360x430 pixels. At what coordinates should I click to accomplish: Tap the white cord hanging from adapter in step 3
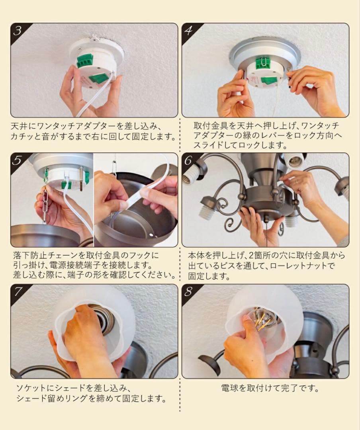tap(96, 96)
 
